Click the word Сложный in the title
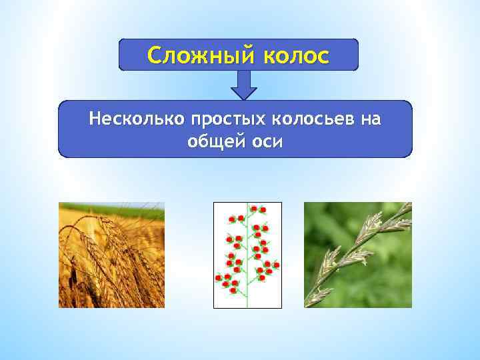197,55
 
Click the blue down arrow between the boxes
244,85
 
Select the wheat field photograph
111,255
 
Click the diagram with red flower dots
247,255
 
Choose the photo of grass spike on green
358,255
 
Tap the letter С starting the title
155,55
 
